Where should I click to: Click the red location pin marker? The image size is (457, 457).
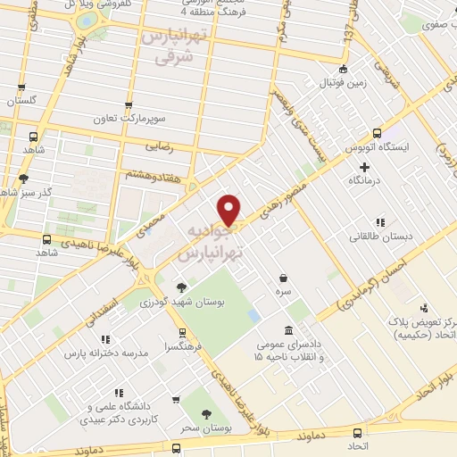pyautogui.click(x=230, y=209)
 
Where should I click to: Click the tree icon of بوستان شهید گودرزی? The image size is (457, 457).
pyautogui.click(x=182, y=287)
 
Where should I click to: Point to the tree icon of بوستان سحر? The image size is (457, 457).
pyautogui.click(x=207, y=414)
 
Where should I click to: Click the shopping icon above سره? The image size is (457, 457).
pyautogui.click(x=284, y=278)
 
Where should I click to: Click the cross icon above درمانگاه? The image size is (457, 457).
pyautogui.click(x=364, y=167)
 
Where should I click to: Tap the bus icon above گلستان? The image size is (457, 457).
pyautogui.click(x=20, y=89)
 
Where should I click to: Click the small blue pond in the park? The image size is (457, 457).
pyautogui.click(x=254, y=317)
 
